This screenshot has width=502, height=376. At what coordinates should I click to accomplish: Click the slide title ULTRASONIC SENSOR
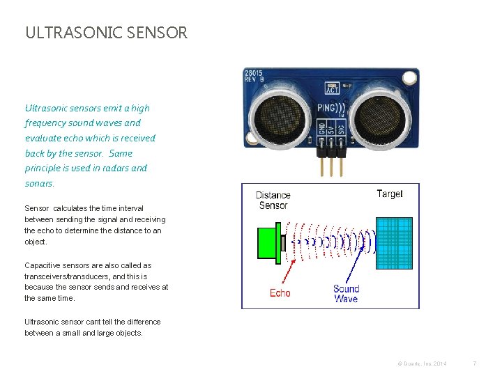click(x=106, y=33)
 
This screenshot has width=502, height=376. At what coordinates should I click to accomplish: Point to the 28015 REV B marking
click(x=254, y=75)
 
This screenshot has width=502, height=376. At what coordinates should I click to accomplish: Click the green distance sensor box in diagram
click(x=266, y=243)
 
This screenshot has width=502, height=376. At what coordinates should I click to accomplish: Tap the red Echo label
click(x=280, y=293)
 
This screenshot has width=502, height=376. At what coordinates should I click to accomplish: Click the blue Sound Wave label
click(x=346, y=293)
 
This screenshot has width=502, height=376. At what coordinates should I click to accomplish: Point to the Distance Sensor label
click(x=273, y=200)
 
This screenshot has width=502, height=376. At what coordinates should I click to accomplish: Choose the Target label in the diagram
click(x=389, y=194)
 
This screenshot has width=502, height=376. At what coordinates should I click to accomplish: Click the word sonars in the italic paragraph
click(x=39, y=183)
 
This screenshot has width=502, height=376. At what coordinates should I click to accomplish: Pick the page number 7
click(x=474, y=363)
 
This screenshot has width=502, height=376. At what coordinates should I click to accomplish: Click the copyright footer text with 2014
click(x=422, y=363)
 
